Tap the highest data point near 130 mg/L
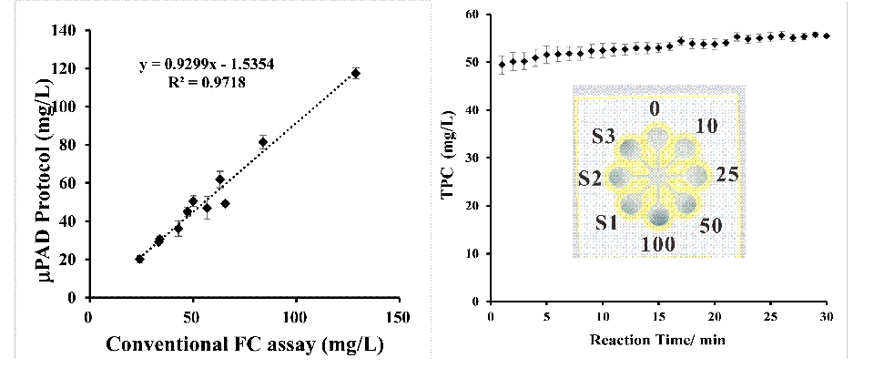pos(356,73)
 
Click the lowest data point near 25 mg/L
pos(139,259)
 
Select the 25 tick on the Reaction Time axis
pos(770,315)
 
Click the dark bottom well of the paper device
pos(659,216)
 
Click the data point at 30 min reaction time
pos(826,36)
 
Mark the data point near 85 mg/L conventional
pos(263,141)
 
